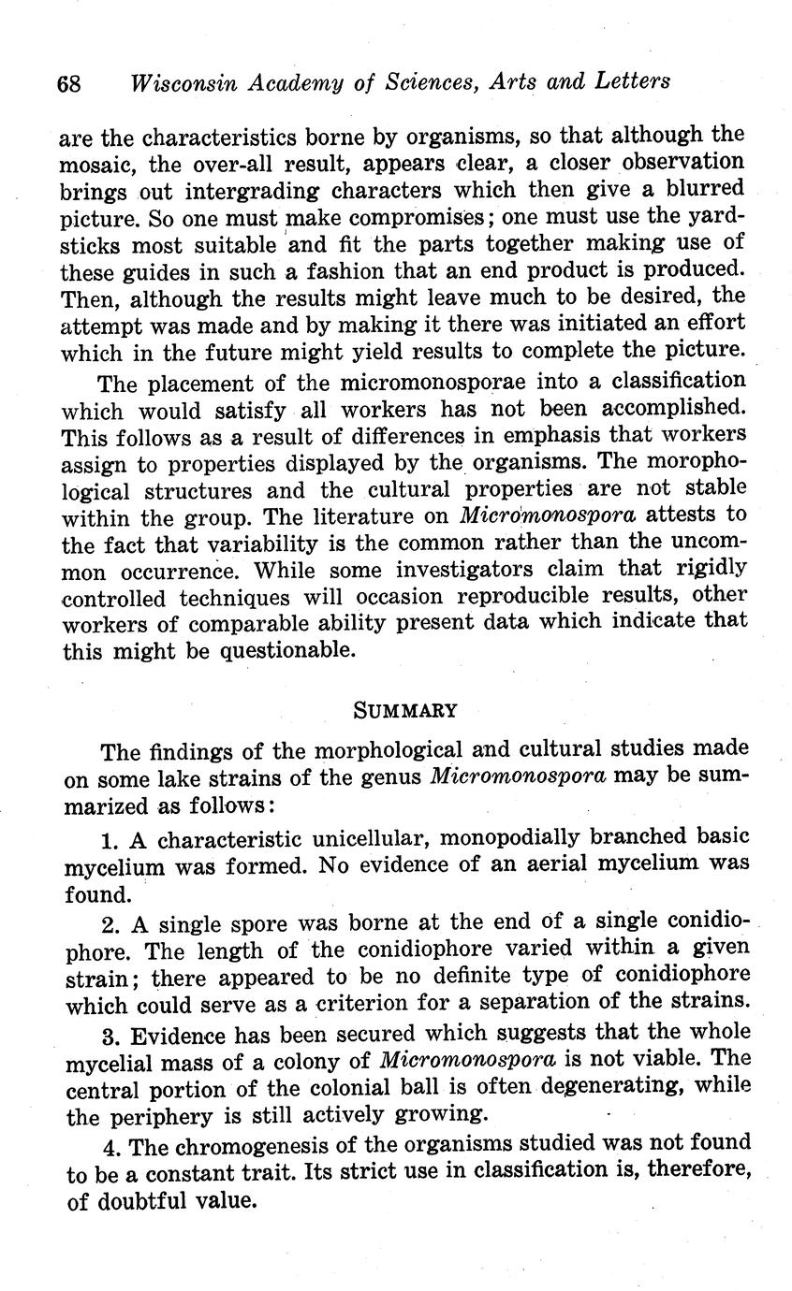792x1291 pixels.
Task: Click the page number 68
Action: pos(69,82)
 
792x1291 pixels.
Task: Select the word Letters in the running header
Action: pos(635,80)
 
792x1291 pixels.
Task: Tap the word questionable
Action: pos(287,651)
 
